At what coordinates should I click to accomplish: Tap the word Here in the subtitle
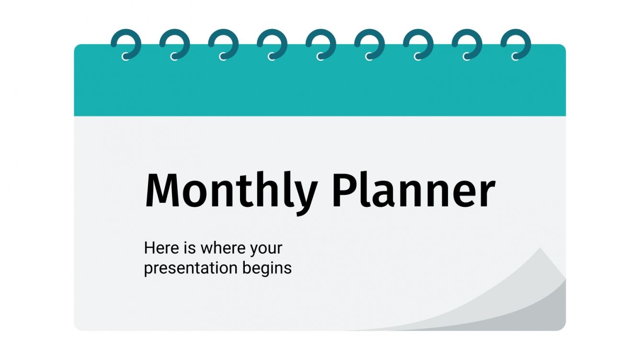(x=160, y=248)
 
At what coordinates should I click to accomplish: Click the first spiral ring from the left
(x=126, y=44)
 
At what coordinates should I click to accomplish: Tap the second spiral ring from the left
(x=175, y=44)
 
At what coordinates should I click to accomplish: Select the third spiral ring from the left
(x=224, y=44)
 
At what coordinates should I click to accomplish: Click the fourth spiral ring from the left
(x=272, y=44)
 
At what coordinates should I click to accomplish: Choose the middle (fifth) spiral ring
(x=321, y=44)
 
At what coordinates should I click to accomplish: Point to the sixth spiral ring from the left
(x=370, y=44)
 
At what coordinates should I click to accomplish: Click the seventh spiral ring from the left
(x=418, y=44)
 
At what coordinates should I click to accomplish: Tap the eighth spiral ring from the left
(x=467, y=44)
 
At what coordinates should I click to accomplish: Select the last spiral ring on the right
(x=516, y=44)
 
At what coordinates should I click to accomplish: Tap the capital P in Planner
(x=344, y=191)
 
